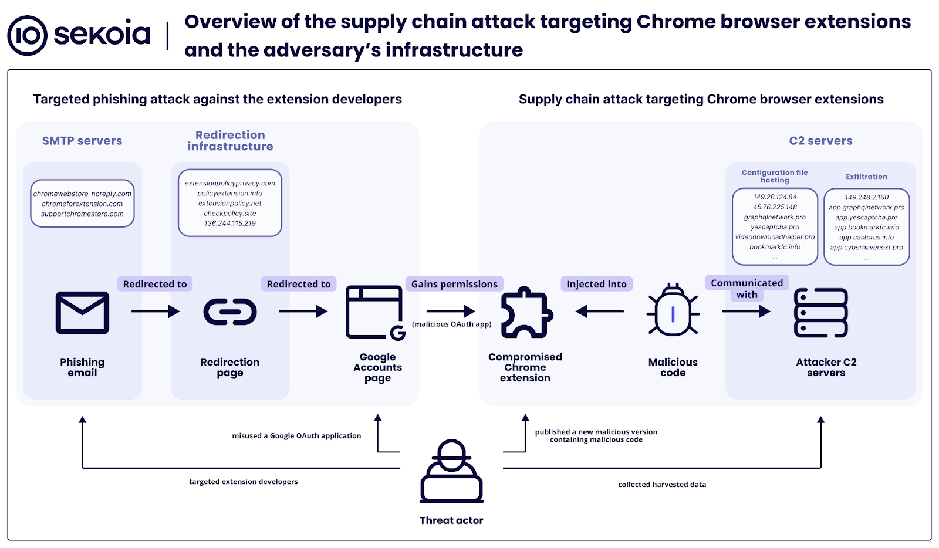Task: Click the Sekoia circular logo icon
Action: pos(27,35)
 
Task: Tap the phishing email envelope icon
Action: pos(82,313)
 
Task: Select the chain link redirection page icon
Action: pos(230,312)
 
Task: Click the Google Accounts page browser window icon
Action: pos(375,312)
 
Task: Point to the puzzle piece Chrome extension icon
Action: pos(526,312)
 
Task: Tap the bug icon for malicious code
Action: pos(673,311)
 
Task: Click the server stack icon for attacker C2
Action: pos(820,312)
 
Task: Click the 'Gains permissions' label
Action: pos(454,284)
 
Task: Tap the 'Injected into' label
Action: pos(596,284)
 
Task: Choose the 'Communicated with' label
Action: pos(747,289)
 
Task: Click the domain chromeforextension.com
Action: pos(82,204)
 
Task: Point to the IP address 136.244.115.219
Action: pos(230,223)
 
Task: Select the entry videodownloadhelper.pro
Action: pos(775,237)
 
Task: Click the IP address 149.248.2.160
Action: pos(866,197)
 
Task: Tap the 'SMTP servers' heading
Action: pos(82,141)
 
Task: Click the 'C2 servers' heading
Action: pos(820,141)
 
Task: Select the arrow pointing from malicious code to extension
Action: pos(600,312)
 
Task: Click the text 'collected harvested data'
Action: pos(662,485)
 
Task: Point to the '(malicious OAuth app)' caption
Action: pos(451,324)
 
